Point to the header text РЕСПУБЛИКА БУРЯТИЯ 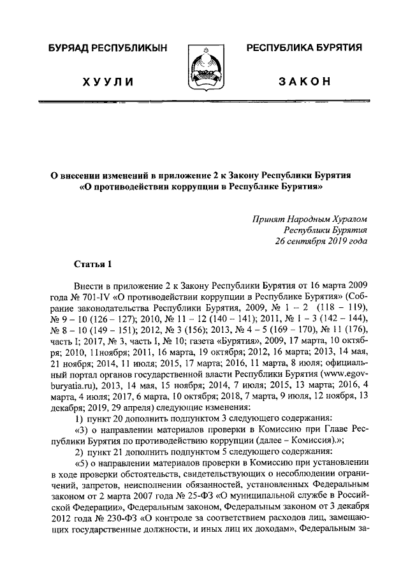coord(305,48)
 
